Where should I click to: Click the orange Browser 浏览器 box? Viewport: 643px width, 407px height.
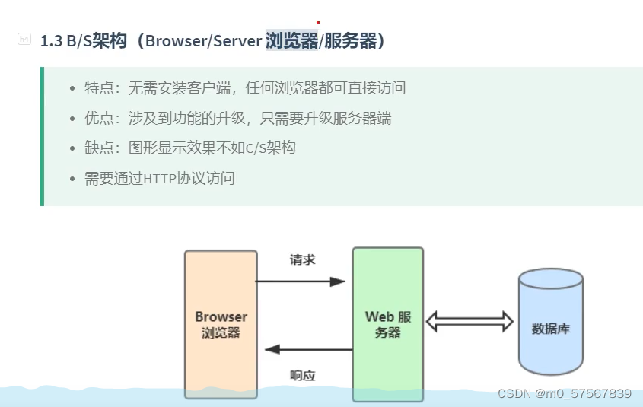point(221,324)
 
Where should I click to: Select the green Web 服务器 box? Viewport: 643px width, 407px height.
point(388,324)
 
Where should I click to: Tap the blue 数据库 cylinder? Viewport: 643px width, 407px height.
point(551,322)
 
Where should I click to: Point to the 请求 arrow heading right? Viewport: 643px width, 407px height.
point(300,281)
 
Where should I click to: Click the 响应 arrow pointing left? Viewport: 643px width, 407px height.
point(309,350)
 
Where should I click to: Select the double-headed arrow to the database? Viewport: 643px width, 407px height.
point(470,321)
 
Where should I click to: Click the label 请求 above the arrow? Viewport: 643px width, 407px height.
point(303,260)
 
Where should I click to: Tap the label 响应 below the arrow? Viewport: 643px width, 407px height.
point(303,376)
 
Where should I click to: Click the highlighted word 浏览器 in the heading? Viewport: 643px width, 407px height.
point(292,40)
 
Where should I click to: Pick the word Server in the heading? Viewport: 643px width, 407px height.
point(237,41)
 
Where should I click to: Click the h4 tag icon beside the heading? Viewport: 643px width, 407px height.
point(24,39)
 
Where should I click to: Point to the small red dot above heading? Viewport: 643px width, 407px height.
point(318,23)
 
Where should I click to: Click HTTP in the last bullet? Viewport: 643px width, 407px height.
point(160,179)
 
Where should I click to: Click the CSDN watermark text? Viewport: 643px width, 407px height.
point(565,393)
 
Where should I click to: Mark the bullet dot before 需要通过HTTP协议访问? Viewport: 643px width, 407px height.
point(72,179)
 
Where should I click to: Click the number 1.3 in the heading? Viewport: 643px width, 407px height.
point(52,41)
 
